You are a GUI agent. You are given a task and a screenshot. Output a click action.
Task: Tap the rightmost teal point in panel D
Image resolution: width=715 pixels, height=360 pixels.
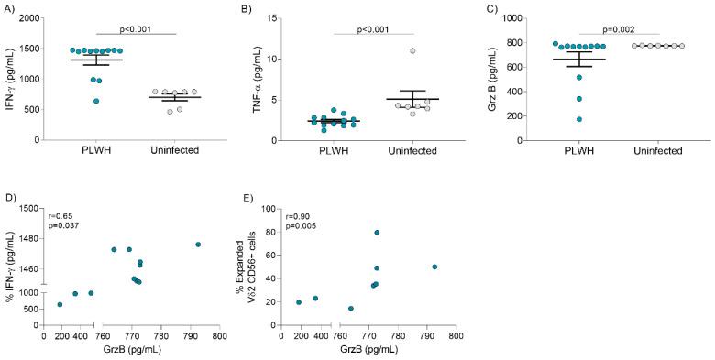point(198,245)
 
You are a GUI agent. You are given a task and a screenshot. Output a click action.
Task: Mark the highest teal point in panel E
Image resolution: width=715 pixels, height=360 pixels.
point(377,233)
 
